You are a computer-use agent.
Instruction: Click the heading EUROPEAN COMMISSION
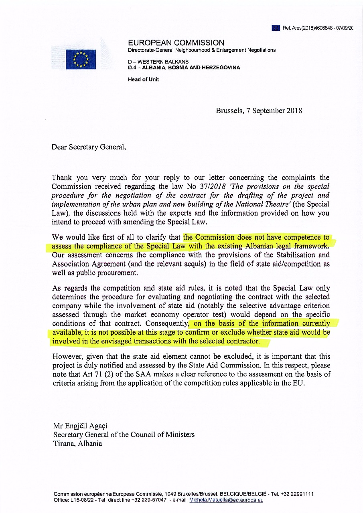(x=176, y=43)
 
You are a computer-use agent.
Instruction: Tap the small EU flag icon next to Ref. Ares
(x=276, y=28)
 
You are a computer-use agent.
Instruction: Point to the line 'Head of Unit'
(x=143, y=79)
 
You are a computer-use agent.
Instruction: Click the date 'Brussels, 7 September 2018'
(x=259, y=111)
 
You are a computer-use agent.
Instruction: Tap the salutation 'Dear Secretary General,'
(x=89, y=147)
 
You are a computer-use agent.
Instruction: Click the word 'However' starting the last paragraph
(x=66, y=356)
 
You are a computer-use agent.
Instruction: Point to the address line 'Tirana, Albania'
(x=77, y=444)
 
